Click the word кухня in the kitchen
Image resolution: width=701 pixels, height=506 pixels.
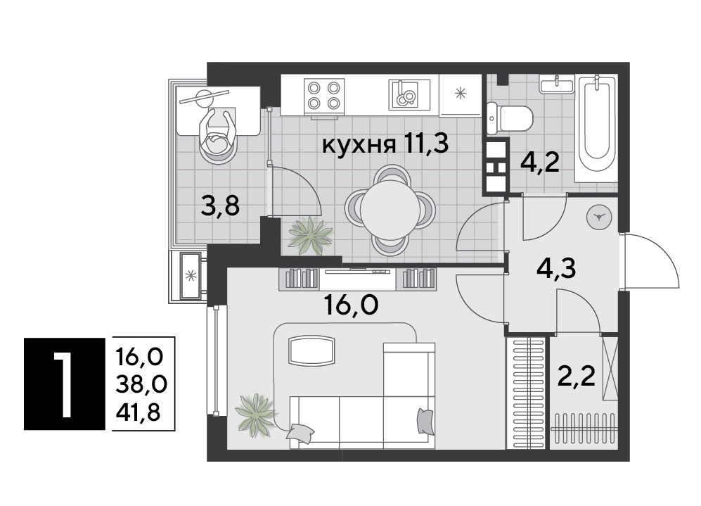(x=359, y=145)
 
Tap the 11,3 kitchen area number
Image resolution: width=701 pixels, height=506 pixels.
(x=426, y=144)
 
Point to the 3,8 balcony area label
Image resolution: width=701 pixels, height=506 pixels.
(x=220, y=206)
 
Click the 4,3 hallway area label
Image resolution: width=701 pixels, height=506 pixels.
(x=555, y=270)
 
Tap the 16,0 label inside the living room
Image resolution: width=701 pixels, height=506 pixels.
(x=352, y=305)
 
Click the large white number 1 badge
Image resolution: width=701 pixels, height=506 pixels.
(x=65, y=384)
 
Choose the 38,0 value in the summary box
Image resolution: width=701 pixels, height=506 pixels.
(x=141, y=384)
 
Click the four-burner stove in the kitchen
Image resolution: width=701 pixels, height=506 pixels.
(x=324, y=94)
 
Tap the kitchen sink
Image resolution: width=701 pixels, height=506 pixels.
(x=409, y=94)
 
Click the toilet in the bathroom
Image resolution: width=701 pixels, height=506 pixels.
(x=509, y=118)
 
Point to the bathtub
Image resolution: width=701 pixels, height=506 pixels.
(x=597, y=129)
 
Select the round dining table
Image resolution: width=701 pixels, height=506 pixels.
(x=390, y=210)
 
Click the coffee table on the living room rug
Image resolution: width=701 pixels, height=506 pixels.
(x=311, y=350)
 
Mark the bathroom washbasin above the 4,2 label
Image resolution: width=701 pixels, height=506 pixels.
(x=557, y=84)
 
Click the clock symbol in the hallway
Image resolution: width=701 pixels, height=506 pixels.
(x=599, y=217)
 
